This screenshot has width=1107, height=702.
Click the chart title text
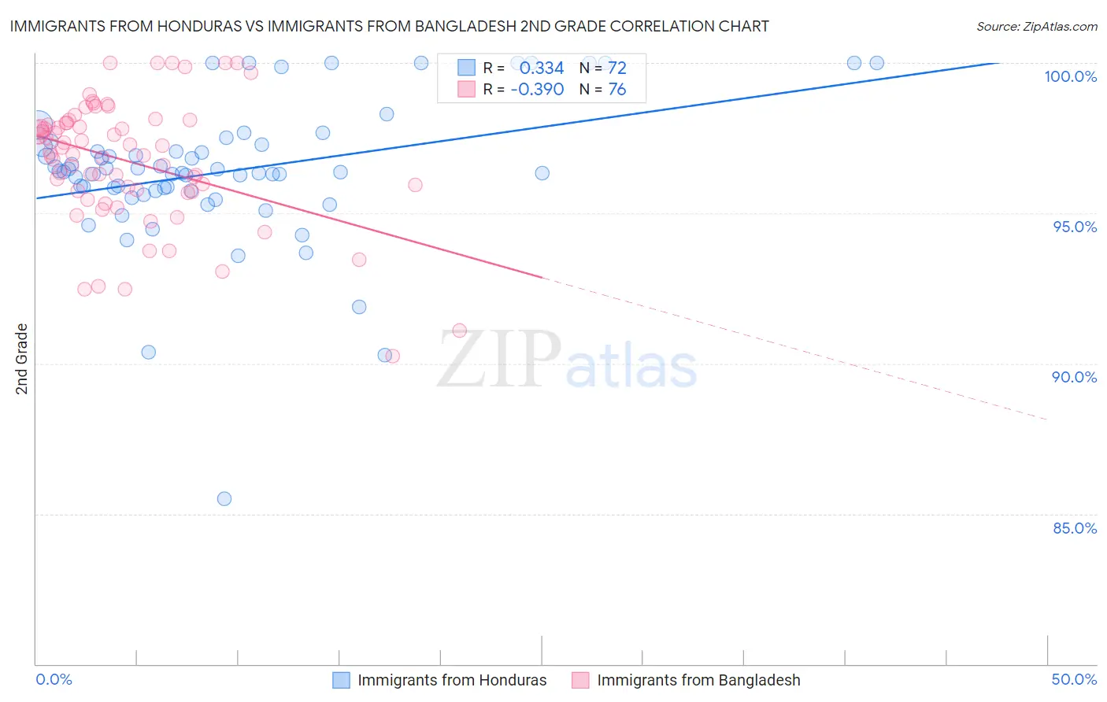(x=389, y=26)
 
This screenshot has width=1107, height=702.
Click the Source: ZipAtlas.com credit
(x=1036, y=26)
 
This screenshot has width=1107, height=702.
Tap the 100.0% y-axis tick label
(x=1070, y=76)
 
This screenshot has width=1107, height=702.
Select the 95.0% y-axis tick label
(x=1075, y=227)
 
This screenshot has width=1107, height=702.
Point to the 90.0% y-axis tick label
(x=1074, y=377)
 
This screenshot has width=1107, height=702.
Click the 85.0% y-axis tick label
(x=1075, y=528)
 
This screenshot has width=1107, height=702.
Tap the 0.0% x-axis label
(x=54, y=679)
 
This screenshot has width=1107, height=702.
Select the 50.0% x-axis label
(x=1074, y=679)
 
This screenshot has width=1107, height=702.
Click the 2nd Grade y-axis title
(x=22, y=359)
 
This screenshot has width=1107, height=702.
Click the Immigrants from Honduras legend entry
(x=451, y=680)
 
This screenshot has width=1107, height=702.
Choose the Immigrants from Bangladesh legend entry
(x=698, y=680)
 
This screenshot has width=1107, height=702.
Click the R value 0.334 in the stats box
(x=542, y=68)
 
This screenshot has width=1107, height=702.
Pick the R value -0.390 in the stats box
(x=537, y=90)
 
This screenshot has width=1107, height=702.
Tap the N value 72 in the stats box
(x=617, y=68)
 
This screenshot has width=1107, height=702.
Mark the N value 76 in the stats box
(x=617, y=90)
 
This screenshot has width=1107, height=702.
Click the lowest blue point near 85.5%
(x=224, y=498)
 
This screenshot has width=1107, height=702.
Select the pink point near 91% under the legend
(x=460, y=331)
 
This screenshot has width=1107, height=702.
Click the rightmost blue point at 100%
(x=876, y=63)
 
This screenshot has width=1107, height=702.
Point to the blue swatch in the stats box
(x=467, y=68)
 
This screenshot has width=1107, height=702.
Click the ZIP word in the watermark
(x=498, y=360)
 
